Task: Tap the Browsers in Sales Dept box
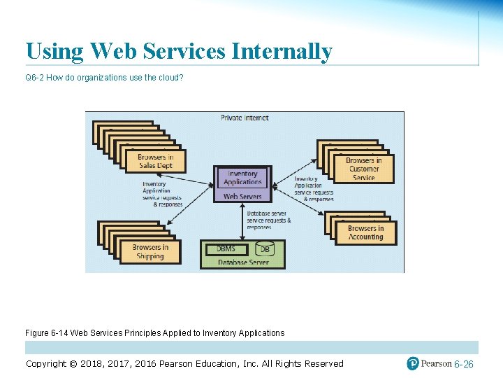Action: tap(155, 161)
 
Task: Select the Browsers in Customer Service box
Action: tap(364, 169)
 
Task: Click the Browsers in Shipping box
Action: tap(150, 251)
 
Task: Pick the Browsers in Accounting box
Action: tap(365, 232)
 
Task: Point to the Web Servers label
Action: tap(242, 197)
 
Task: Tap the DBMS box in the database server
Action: tap(226, 248)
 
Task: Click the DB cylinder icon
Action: tap(265, 249)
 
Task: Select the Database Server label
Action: tap(242, 262)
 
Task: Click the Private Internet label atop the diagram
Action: tap(245, 118)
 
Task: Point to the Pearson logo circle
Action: tap(413, 363)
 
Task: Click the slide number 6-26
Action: tap(463, 365)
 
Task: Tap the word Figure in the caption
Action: tap(38, 333)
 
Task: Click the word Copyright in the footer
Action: tap(52, 363)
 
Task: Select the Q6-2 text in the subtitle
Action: tap(35, 77)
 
